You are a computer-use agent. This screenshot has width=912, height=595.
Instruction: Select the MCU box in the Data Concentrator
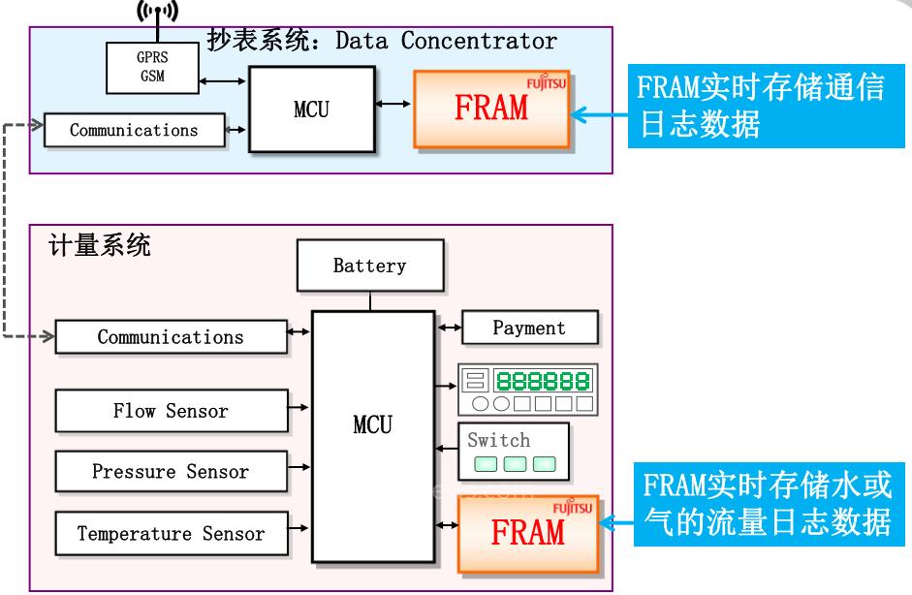(310, 110)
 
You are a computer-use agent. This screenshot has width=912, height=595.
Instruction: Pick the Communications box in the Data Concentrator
(134, 130)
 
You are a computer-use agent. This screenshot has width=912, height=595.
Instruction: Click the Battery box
(369, 266)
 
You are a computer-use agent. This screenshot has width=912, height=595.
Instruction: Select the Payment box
(528, 328)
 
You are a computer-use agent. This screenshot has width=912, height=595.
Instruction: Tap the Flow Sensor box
(171, 411)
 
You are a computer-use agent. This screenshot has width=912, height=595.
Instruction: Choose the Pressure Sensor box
(171, 472)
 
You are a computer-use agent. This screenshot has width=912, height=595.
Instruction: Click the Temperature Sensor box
(171, 533)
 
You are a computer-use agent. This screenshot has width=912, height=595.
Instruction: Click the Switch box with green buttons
(512, 452)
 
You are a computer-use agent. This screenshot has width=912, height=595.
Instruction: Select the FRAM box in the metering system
(526, 532)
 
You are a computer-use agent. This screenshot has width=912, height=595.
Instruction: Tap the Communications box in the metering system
(171, 337)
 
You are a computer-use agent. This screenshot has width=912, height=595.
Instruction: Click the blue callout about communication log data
(757, 108)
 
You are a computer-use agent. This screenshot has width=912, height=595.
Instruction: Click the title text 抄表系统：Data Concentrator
(382, 41)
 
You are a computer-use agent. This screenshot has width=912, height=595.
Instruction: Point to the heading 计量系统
(100, 245)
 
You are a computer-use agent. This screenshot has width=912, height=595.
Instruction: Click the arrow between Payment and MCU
(449, 329)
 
